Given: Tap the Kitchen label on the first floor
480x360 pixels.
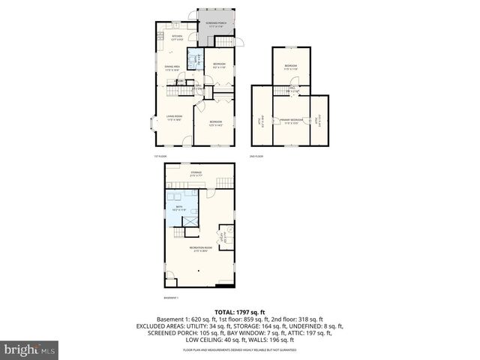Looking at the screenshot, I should pyautogui.click(x=177, y=37).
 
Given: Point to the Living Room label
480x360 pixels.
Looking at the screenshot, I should pyautogui.click(x=175, y=117).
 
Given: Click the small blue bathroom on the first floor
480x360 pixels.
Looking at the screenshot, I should pyautogui.click(x=192, y=59).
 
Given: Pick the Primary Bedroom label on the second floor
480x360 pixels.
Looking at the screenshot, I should pyautogui.click(x=291, y=121).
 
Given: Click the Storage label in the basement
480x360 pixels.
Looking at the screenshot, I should pyautogui.click(x=196, y=173).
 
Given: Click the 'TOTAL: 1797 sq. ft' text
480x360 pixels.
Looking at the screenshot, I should pyautogui.click(x=240, y=311).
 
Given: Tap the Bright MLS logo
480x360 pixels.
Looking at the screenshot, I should pyautogui.click(x=30, y=349).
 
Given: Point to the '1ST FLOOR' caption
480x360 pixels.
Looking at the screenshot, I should pyautogui.click(x=158, y=156).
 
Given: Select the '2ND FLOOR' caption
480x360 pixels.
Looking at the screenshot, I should pyautogui.click(x=256, y=156).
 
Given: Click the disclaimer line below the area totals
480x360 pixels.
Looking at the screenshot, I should pyautogui.click(x=240, y=350).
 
